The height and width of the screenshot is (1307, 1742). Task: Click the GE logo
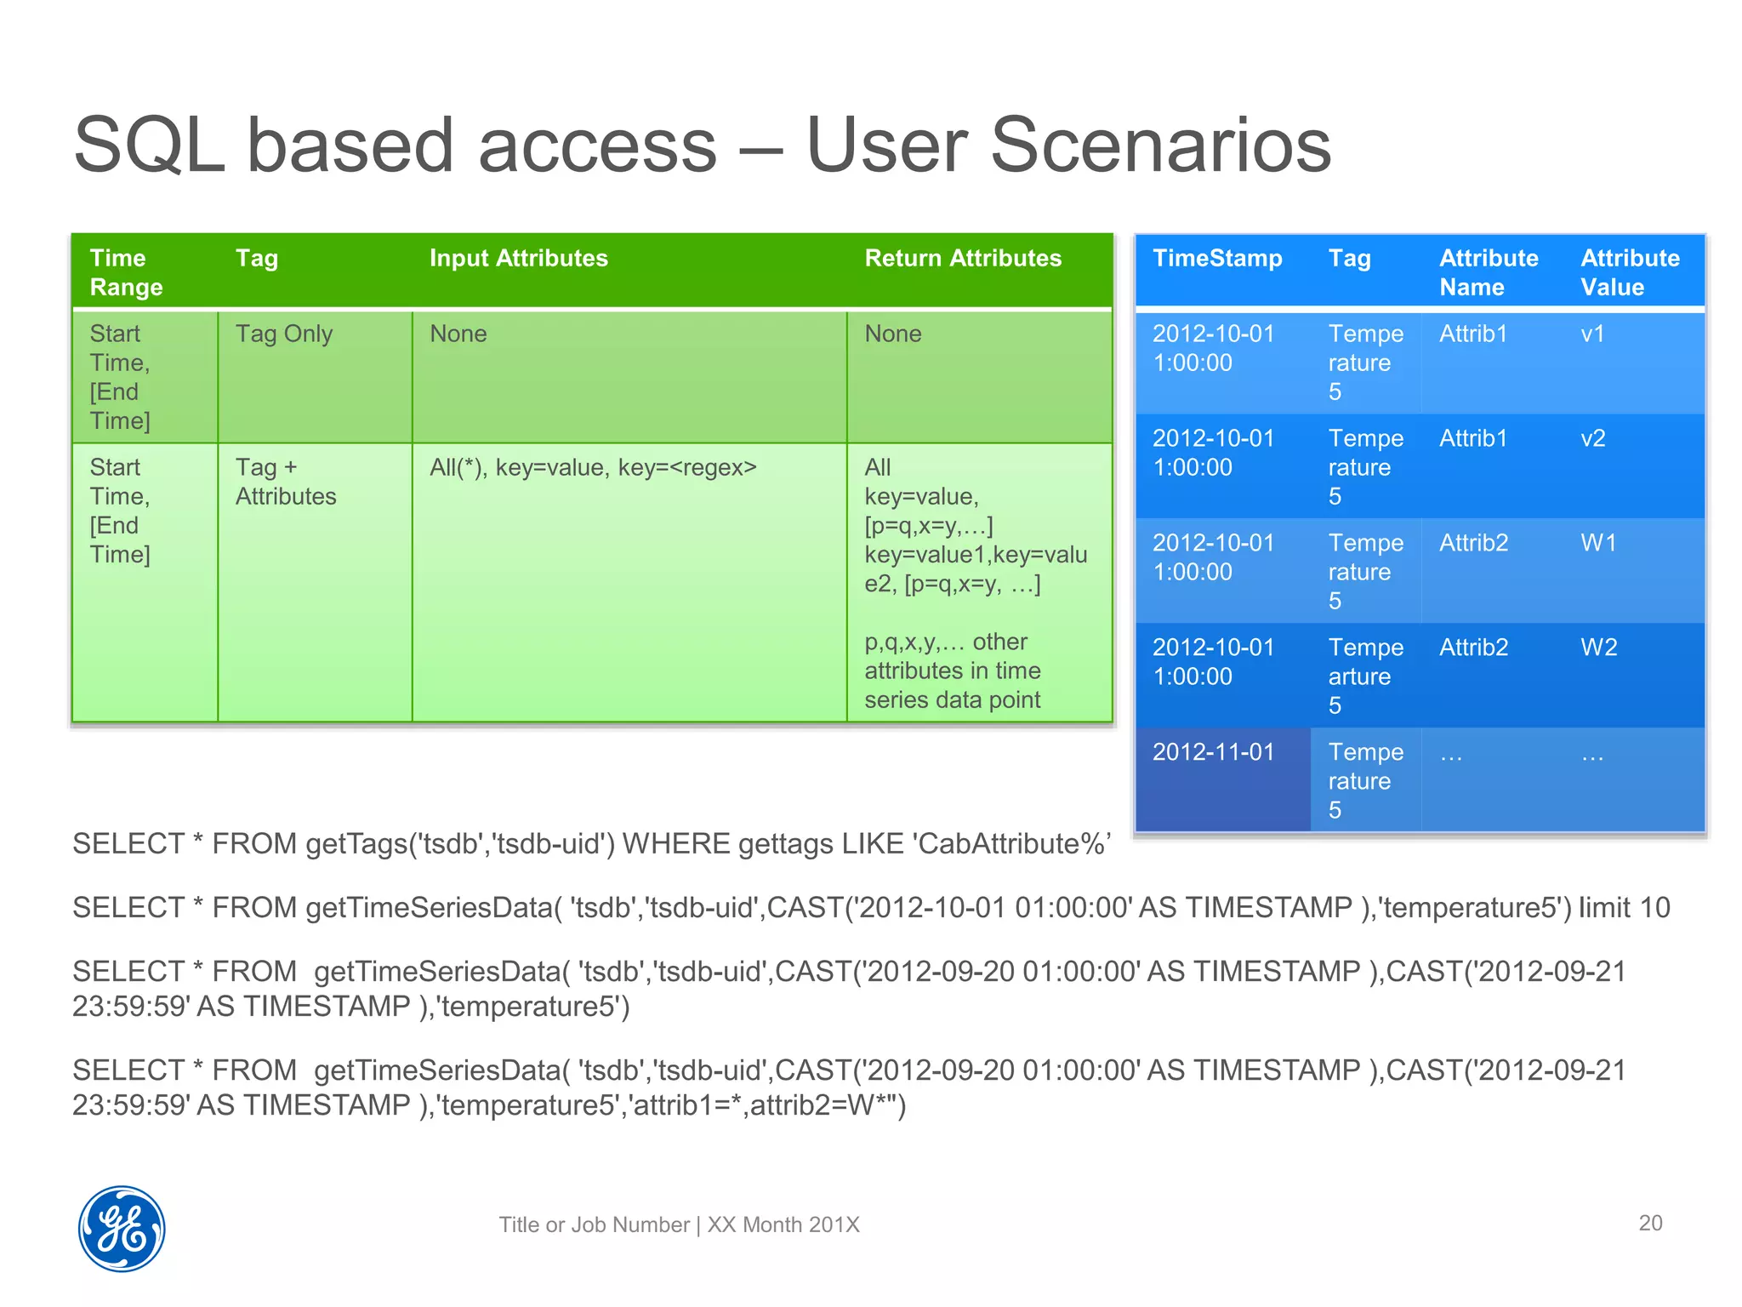pos(122,1229)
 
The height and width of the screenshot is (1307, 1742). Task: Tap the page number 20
pos(1649,1223)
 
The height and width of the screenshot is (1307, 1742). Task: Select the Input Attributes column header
pos(518,259)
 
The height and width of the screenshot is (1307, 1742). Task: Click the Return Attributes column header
pos(962,259)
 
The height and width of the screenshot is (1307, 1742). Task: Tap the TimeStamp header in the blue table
pos(1216,259)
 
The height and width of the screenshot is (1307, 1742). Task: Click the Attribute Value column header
pos(1629,272)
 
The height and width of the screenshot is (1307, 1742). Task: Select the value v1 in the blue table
pos(1592,334)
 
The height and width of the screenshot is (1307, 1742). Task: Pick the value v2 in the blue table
pos(1592,439)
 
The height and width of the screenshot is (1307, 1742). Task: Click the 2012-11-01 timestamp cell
pos(1213,753)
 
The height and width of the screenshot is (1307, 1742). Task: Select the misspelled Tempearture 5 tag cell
pos(1364,676)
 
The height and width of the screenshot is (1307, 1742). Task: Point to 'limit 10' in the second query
pos(1624,908)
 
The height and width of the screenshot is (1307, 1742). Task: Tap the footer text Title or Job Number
pos(594,1225)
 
